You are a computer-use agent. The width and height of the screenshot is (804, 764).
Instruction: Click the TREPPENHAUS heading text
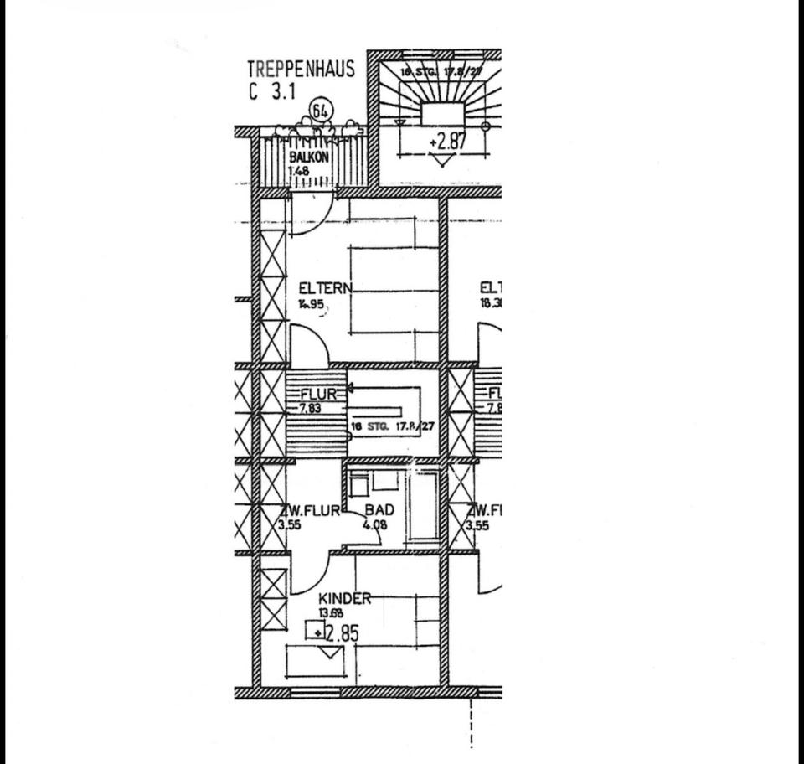click(301, 69)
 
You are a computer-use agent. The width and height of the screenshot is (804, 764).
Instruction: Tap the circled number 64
click(320, 111)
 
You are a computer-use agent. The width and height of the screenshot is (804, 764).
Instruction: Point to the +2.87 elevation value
click(447, 141)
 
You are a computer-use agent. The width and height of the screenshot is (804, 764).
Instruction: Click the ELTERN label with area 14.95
click(325, 289)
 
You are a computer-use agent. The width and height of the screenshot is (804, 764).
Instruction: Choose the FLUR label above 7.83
click(318, 394)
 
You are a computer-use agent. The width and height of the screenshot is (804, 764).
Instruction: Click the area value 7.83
click(312, 408)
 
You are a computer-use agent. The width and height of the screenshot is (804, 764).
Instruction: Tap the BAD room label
click(379, 511)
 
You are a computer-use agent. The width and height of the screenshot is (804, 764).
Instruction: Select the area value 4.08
click(375, 526)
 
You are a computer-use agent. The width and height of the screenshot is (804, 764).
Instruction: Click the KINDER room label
click(344, 599)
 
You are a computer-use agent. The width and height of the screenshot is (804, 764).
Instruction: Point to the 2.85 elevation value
click(341, 632)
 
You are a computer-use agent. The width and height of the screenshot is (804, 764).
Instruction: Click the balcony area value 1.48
click(298, 173)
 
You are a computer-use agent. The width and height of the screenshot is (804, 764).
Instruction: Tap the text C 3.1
click(273, 92)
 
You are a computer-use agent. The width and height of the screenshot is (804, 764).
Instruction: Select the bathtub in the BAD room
click(423, 505)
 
